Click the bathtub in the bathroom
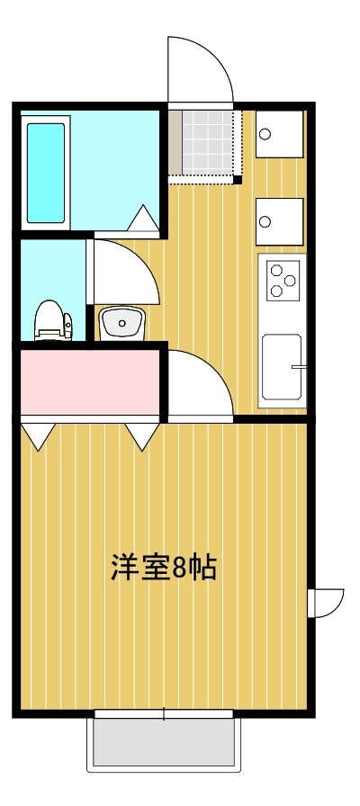[x=46, y=173]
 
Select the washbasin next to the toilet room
[x=120, y=322]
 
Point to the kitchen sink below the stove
[x=282, y=367]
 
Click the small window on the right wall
[x=325, y=603]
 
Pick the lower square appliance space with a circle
[x=280, y=221]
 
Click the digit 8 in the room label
[x=178, y=568]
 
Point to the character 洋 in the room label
[x=124, y=568]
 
